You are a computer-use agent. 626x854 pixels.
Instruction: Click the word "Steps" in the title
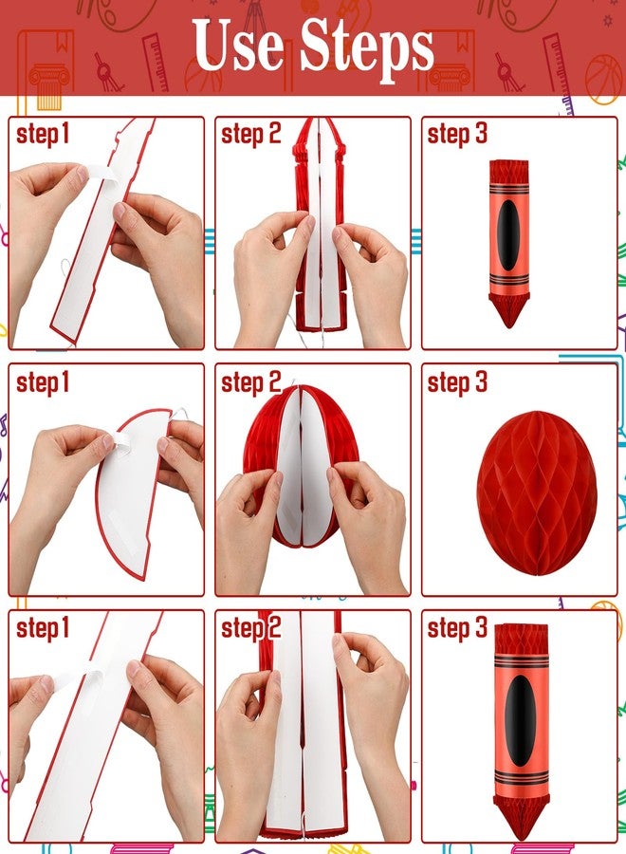pos(367,50)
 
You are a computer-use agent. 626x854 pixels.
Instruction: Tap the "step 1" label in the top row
pos(43,135)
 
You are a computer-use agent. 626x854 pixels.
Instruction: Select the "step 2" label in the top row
pos(251,135)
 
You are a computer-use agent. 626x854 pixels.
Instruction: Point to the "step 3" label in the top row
pos(457,135)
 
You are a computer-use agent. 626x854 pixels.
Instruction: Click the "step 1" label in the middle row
pos(43,382)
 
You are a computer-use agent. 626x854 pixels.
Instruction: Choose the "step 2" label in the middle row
pos(251,382)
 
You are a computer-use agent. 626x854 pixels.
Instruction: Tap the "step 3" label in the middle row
pos(457,382)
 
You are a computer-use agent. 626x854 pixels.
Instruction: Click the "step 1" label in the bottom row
pos(43,628)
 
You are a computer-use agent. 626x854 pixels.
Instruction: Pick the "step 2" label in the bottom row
pos(251,628)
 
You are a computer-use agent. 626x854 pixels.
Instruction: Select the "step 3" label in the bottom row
pos(457,628)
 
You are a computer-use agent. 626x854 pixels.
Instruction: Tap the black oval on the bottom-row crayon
pos(520,720)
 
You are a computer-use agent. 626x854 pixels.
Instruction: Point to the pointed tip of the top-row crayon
pos(509,327)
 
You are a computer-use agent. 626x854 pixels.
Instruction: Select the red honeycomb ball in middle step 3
pos(537,493)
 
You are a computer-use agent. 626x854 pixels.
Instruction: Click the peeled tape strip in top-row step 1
pos(101,174)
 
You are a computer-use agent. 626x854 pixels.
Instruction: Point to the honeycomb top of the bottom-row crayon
pos(522,640)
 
